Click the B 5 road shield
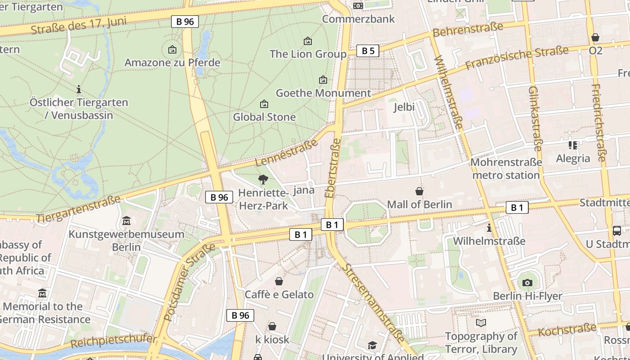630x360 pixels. click(368, 51)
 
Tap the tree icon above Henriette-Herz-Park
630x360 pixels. click(263, 180)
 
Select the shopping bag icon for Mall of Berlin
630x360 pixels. click(419, 191)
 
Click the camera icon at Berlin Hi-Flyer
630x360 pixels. click(527, 283)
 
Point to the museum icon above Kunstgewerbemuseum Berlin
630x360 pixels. click(126, 221)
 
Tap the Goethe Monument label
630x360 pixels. click(323, 93)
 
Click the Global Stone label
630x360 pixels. click(264, 117)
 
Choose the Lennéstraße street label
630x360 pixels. click(286, 153)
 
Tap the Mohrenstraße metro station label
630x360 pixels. click(506, 168)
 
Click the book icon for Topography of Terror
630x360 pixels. click(481, 323)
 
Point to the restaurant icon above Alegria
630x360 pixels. click(573, 145)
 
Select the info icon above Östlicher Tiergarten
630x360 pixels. click(79, 89)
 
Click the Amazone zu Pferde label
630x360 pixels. click(172, 63)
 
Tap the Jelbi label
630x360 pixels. click(404, 107)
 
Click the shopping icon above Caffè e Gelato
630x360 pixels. click(279, 281)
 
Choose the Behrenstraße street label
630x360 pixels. click(468, 30)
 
